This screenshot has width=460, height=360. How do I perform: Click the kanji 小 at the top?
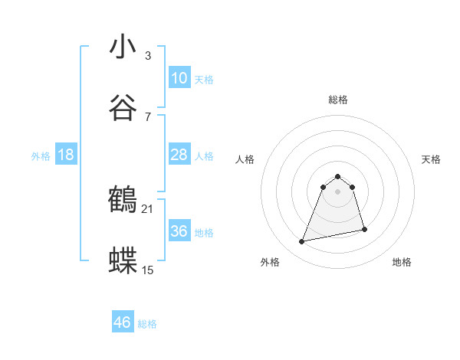click(x=123, y=47)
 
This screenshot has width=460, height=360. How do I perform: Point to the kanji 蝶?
click(x=123, y=260)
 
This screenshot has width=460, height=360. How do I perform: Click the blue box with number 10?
click(x=179, y=78)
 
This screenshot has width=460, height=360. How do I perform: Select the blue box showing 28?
click(x=179, y=155)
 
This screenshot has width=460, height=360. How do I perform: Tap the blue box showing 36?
click(x=179, y=231)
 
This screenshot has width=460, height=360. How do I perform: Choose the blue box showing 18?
click(x=66, y=155)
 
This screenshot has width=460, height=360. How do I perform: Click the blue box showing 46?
click(x=123, y=322)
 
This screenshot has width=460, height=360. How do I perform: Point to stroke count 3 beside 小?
click(x=148, y=56)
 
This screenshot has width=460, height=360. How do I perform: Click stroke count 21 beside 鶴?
click(x=148, y=209)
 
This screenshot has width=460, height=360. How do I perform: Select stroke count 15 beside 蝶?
click(x=148, y=270)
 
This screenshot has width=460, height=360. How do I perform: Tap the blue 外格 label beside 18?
click(x=41, y=155)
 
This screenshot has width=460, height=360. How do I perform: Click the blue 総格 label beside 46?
click(x=147, y=324)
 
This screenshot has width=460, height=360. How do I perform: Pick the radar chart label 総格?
click(x=338, y=100)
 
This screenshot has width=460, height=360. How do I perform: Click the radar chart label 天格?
click(x=432, y=159)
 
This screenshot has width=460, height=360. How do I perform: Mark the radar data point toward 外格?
click(x=302, y=242)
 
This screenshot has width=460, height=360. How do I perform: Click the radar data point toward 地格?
click(x=364, y=229)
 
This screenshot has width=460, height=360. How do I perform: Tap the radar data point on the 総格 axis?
click(x=338, y=174)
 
